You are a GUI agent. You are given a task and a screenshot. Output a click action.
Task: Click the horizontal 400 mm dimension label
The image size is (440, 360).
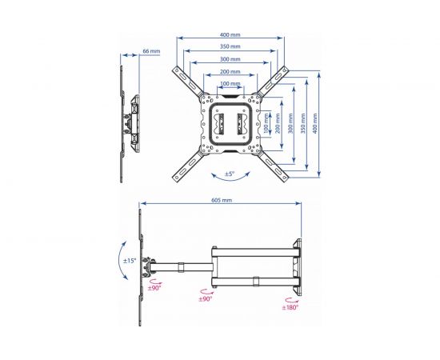tap(230, 35)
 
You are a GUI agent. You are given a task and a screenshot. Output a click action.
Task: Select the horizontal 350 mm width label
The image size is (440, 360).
tap(230, 46)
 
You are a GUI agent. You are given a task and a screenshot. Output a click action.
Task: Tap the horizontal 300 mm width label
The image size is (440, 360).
tap(230, 59)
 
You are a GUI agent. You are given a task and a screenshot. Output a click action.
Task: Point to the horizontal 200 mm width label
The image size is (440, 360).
tap(230, 71)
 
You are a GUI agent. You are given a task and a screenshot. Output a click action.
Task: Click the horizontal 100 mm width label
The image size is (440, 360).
tap(230, 84)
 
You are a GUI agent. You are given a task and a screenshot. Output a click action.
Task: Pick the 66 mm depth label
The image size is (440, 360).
tap(151, 51)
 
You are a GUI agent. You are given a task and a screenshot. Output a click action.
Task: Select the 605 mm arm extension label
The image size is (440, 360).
tap(222, 200)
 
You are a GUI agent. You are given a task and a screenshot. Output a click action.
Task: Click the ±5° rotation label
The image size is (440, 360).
tap(230, 174)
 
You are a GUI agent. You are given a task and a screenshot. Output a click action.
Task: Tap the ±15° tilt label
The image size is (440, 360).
tap(130, 260)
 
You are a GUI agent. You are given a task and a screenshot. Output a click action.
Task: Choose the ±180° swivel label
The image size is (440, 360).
tap(290, 307)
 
